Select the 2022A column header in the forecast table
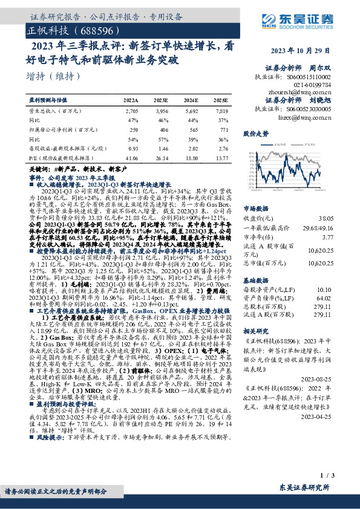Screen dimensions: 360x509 [130, 99]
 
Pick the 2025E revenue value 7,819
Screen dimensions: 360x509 [221, 112]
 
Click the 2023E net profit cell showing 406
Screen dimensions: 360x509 [161, 129]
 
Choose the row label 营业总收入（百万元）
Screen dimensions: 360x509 [56, 112]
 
